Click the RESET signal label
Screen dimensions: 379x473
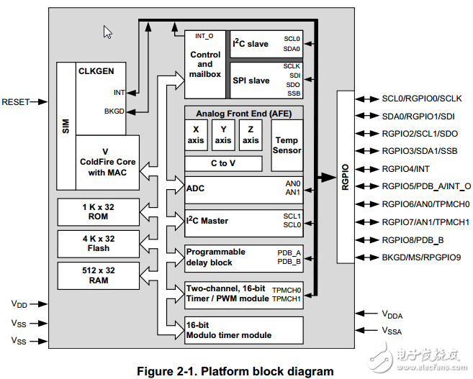coord(16,102)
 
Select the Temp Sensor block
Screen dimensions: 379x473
coord(287,145)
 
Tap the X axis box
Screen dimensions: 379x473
coord(196,135)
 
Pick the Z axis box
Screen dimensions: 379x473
coord(251,135)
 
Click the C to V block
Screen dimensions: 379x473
coord(223,163)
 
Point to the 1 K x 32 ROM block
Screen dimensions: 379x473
coord(99,211)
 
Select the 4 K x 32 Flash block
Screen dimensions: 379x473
coord(99,243)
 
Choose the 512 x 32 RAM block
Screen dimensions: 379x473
coord(99,275)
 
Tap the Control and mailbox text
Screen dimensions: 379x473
coord(205,64)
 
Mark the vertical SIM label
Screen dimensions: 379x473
coord(66,127)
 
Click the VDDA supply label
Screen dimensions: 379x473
coord(393,314)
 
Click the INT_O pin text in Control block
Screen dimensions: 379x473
coord(204,35)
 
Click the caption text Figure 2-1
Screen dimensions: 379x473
coord(235,371)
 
